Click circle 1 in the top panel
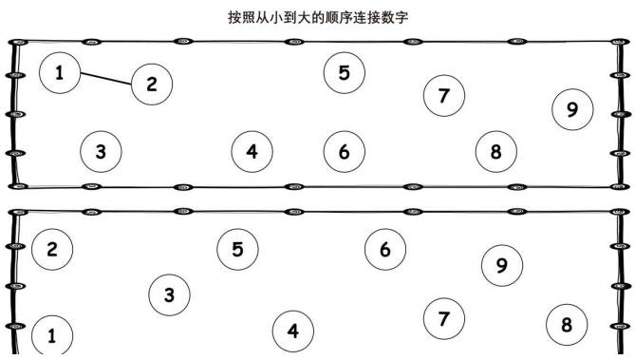[61, 73]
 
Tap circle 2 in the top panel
[151, 84]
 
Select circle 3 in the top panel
[101, 150]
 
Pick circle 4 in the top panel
[252, 150]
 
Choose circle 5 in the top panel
[344, 72]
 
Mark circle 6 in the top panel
[344, 150]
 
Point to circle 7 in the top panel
[443, 94]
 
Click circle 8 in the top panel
[495, 150]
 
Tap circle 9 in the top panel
[572, 109]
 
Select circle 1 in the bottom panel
[51, 334]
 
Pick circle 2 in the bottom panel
[51, 250]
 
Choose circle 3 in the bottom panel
[169, 294]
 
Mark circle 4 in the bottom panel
[292, 331]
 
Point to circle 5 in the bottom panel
[237, 249]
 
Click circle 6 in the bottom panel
[384, 249]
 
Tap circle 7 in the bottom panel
[443, 317]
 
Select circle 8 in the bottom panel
[567, 325]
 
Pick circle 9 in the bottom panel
[502, 265]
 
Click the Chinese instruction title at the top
[317, 17]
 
